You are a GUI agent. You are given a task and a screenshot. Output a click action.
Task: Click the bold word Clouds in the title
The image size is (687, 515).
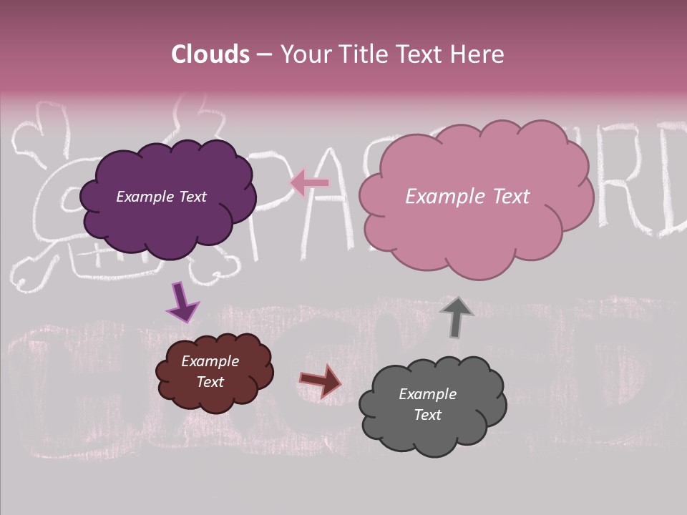[x=210, y=54]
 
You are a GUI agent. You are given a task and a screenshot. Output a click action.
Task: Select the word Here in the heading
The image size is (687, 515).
[x=479, y=54]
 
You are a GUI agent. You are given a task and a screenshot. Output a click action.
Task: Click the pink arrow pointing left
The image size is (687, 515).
[x=309, y=183]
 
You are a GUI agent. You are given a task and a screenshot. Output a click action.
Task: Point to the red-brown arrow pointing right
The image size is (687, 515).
[x=321, y=381]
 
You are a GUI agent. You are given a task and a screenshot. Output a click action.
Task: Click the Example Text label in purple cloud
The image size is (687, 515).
[x=161, y=197]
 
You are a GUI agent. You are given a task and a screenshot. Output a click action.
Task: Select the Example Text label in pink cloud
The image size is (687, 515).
[x=467, y=197]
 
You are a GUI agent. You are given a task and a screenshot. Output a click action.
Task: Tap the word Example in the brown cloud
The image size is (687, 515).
[x=210, y=361]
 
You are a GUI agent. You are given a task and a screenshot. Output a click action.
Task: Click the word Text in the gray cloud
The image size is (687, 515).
[x=427, y=415]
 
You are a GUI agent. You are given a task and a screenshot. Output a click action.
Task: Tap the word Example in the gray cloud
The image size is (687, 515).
[x=427, y=394]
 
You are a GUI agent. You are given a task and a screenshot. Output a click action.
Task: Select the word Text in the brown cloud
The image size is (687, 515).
[x=210, y=382]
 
